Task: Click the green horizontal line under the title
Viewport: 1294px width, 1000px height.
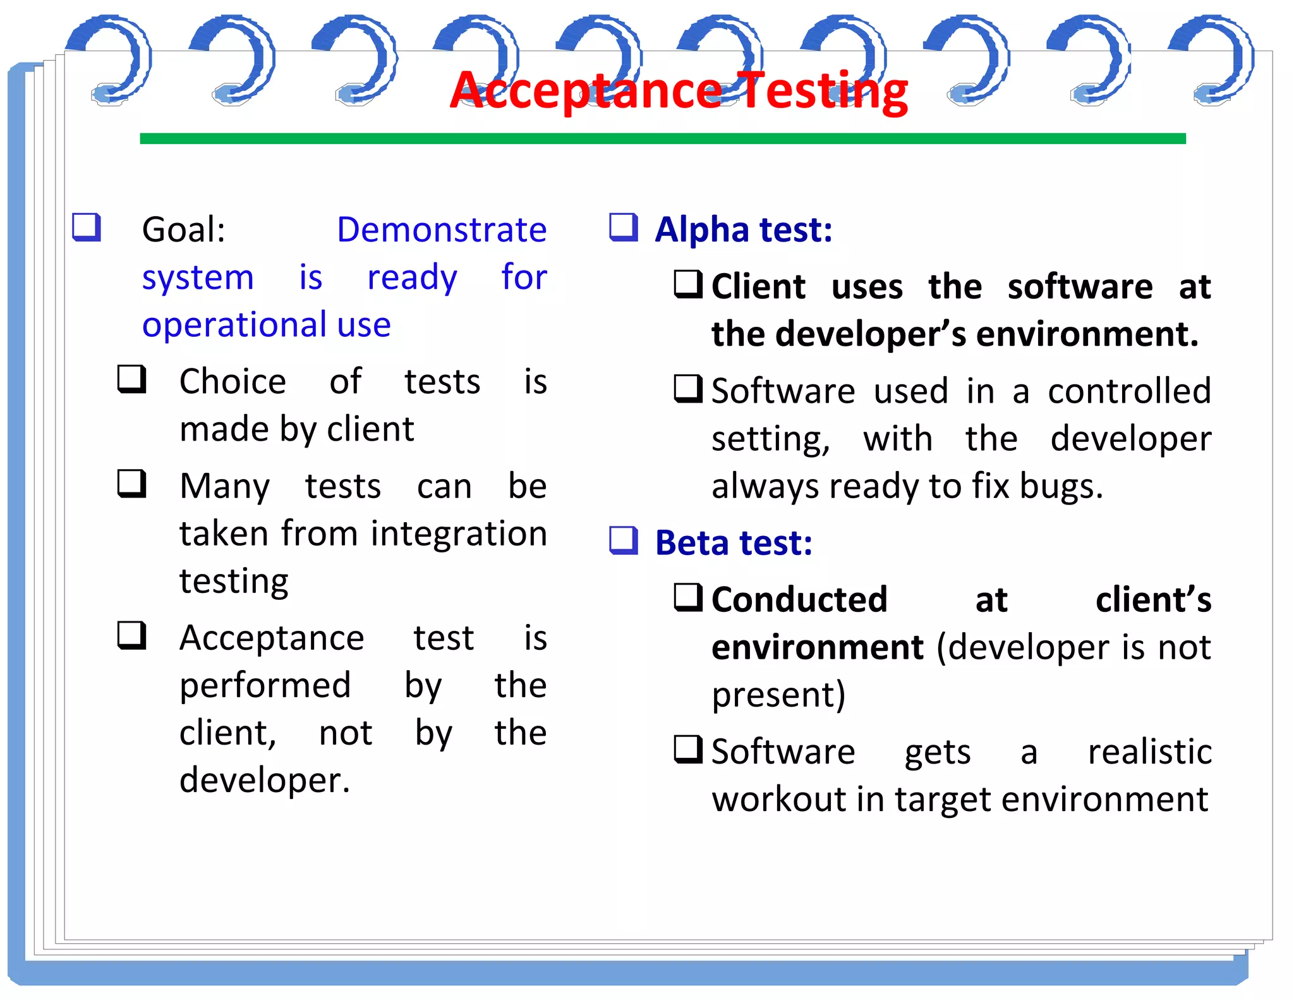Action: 662,138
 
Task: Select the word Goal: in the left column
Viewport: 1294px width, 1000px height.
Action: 183,229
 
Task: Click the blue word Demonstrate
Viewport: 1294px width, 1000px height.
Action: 441,229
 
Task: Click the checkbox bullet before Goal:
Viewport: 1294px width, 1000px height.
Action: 87,227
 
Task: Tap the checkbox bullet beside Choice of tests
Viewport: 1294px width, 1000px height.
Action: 132,379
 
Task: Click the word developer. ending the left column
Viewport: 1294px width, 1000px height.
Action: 264,780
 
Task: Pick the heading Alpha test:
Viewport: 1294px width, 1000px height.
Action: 743,229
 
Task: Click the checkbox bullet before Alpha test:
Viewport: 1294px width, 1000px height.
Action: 624,227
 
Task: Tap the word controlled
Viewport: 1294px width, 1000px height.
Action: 1129,391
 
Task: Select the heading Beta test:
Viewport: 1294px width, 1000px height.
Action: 733,543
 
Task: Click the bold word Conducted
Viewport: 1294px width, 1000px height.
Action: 799,600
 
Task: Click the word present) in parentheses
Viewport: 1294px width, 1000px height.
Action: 778,695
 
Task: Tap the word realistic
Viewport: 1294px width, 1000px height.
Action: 1149,752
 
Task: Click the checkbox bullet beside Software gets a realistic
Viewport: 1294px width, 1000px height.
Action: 688,750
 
